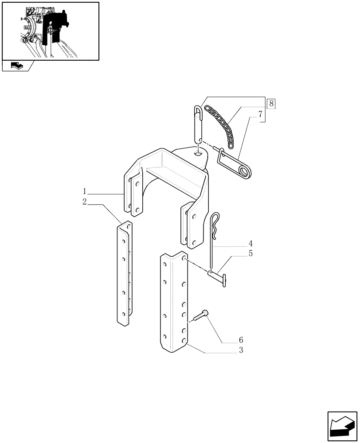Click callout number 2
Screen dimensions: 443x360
click(84, 202)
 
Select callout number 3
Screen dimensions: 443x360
click(240, 350)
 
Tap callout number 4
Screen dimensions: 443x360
click(250, 243)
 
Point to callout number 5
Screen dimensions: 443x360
click(250, 253)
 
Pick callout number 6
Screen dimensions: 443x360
click(241, 340)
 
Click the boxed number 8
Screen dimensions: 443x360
click(271, 104)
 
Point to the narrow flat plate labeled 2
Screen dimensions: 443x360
click(124, 275)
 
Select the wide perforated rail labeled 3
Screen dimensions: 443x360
click(174, 303)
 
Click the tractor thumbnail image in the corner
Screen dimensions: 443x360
click(50, 31)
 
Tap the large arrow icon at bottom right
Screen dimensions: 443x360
click(342, 425)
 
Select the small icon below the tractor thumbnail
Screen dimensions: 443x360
click(16, 66)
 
